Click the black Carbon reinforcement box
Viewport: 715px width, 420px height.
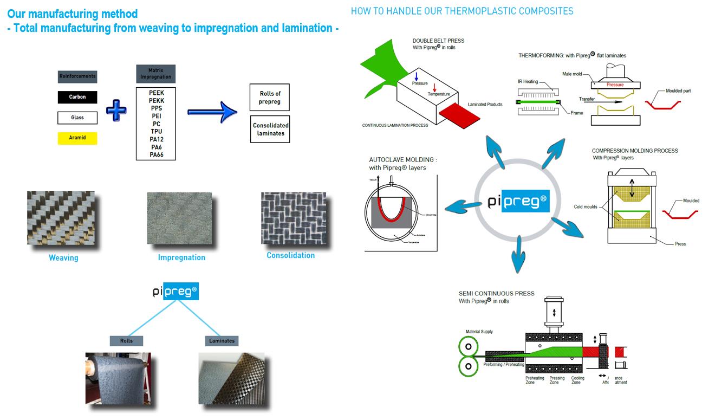77,97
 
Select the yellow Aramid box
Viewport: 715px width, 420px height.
77,138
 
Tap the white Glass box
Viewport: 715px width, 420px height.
77,118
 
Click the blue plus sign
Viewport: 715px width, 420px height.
115,111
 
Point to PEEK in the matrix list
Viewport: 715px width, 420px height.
157,93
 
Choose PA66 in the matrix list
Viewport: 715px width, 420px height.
157,155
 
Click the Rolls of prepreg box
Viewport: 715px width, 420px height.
270,98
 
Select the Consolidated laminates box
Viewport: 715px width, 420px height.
270,130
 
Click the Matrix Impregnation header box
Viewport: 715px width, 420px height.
156,74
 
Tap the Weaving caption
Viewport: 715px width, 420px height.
63,258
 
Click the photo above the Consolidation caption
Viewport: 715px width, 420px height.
293,218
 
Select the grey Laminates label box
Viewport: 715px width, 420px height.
222,341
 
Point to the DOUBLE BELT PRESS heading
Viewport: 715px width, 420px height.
438,41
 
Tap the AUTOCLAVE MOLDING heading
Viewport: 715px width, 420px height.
403,160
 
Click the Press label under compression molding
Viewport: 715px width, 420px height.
680,244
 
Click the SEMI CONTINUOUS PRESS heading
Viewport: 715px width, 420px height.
496,294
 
